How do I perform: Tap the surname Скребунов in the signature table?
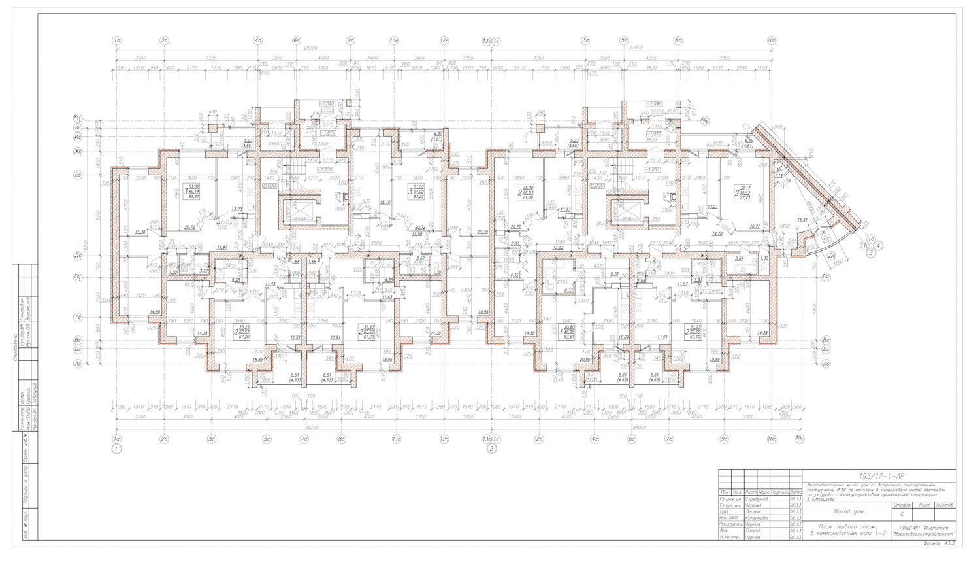(756, 498)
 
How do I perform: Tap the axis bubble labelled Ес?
(78, 175)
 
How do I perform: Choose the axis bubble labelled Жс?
(78, 152)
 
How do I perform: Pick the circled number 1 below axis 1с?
(117, 449)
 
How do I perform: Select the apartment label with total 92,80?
(192, 194)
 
